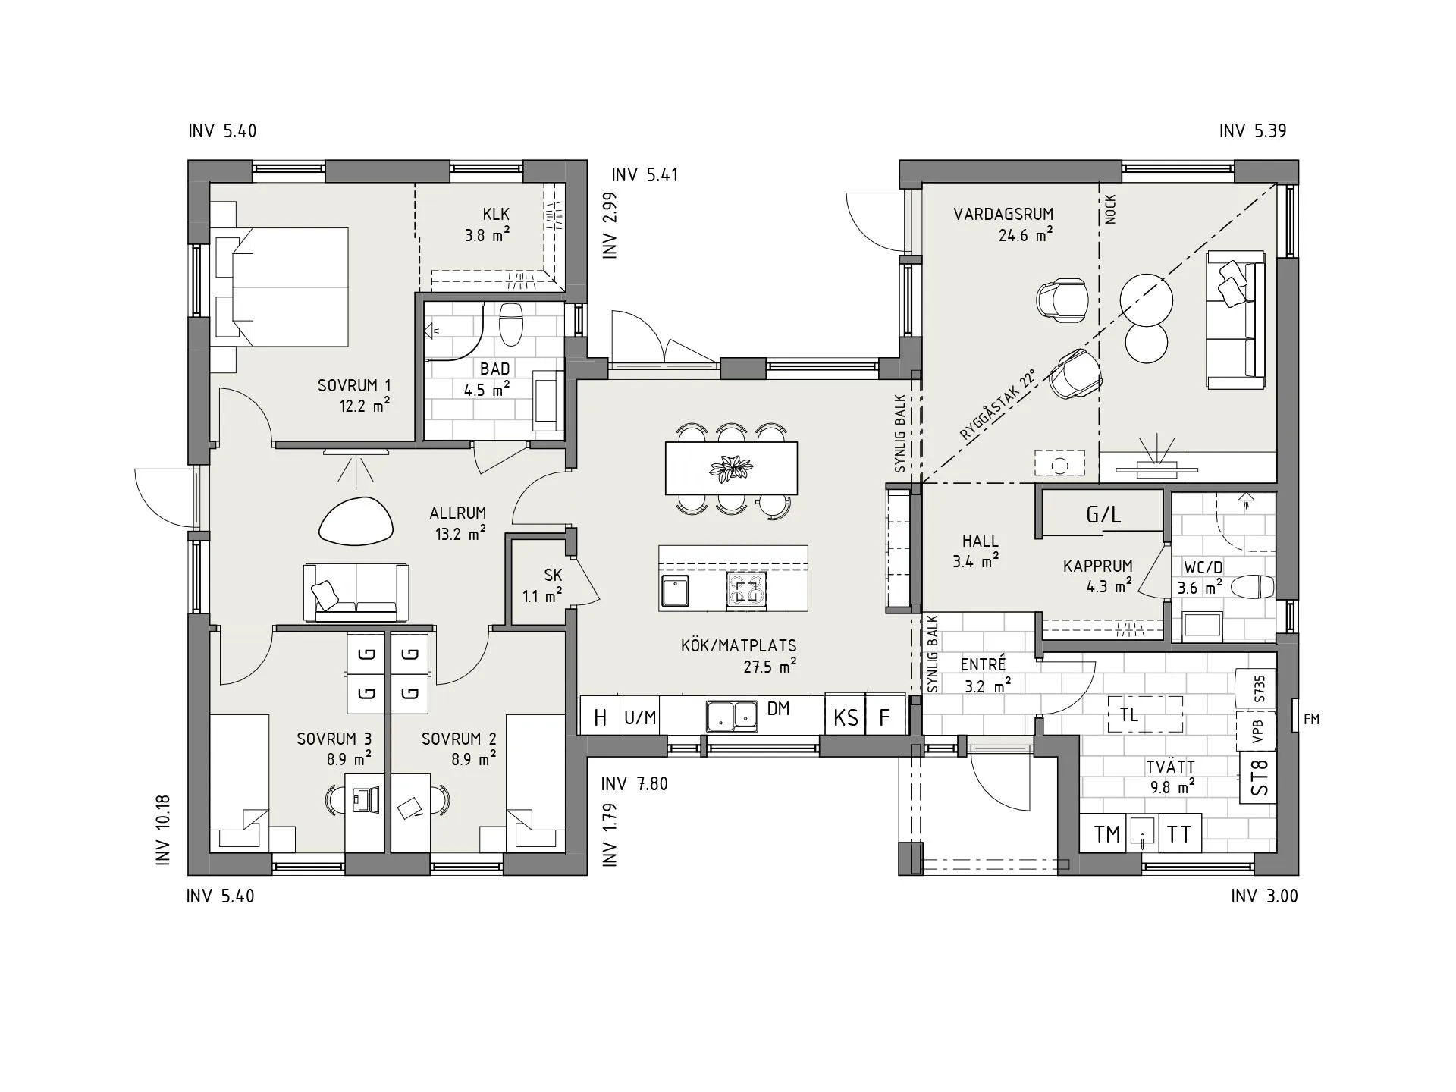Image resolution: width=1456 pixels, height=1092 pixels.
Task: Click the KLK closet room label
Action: pos(496,215)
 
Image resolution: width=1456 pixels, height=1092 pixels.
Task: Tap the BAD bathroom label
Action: pos(495,369)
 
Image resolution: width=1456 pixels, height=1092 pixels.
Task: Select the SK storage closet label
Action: pos(553,576)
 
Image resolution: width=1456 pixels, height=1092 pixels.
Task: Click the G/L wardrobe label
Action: pos(1103,516)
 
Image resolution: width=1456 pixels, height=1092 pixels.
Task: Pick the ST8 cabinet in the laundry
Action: pos(1259,777)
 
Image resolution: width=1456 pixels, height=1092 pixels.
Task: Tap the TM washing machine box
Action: pos(1107,834)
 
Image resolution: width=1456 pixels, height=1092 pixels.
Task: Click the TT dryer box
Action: pos(1178,834)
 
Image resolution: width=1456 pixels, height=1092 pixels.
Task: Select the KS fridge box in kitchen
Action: pos(846,716)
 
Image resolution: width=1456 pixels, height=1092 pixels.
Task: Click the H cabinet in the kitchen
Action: pos(600,716)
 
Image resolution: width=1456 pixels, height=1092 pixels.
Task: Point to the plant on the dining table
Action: pos(731,469)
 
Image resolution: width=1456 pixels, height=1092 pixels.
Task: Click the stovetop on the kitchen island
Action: pos(746,590)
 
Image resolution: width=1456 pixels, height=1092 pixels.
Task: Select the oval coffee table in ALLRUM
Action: pos(356,521)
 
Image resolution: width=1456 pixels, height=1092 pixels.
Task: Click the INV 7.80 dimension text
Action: pos(635,784)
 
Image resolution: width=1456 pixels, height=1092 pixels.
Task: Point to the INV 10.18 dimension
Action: pos(162,830)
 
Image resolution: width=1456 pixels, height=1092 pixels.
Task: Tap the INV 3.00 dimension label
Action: pos(1264,896)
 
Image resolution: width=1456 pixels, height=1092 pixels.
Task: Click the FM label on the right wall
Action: pos(1312,720)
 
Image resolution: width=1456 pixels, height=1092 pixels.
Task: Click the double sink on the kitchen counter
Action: pos(732,716)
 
